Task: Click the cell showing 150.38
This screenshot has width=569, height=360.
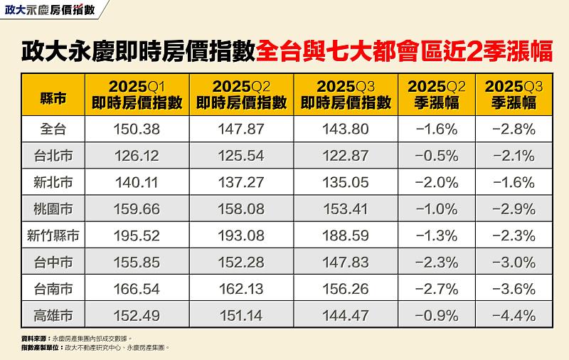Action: (x=137, y=129)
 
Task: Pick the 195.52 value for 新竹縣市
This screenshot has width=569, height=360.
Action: (x=137, y=235)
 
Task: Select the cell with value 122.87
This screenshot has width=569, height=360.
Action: (x=346, y=156)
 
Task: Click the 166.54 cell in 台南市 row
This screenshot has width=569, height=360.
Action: (x=137, y=287)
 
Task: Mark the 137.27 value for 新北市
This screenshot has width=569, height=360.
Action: (x=241, y=182)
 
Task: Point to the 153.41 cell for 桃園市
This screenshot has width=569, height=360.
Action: (x=346, y=208)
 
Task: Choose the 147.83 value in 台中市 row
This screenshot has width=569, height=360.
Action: (x=346, y=261)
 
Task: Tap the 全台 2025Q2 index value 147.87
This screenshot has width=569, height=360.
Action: (x=241, y=129)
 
